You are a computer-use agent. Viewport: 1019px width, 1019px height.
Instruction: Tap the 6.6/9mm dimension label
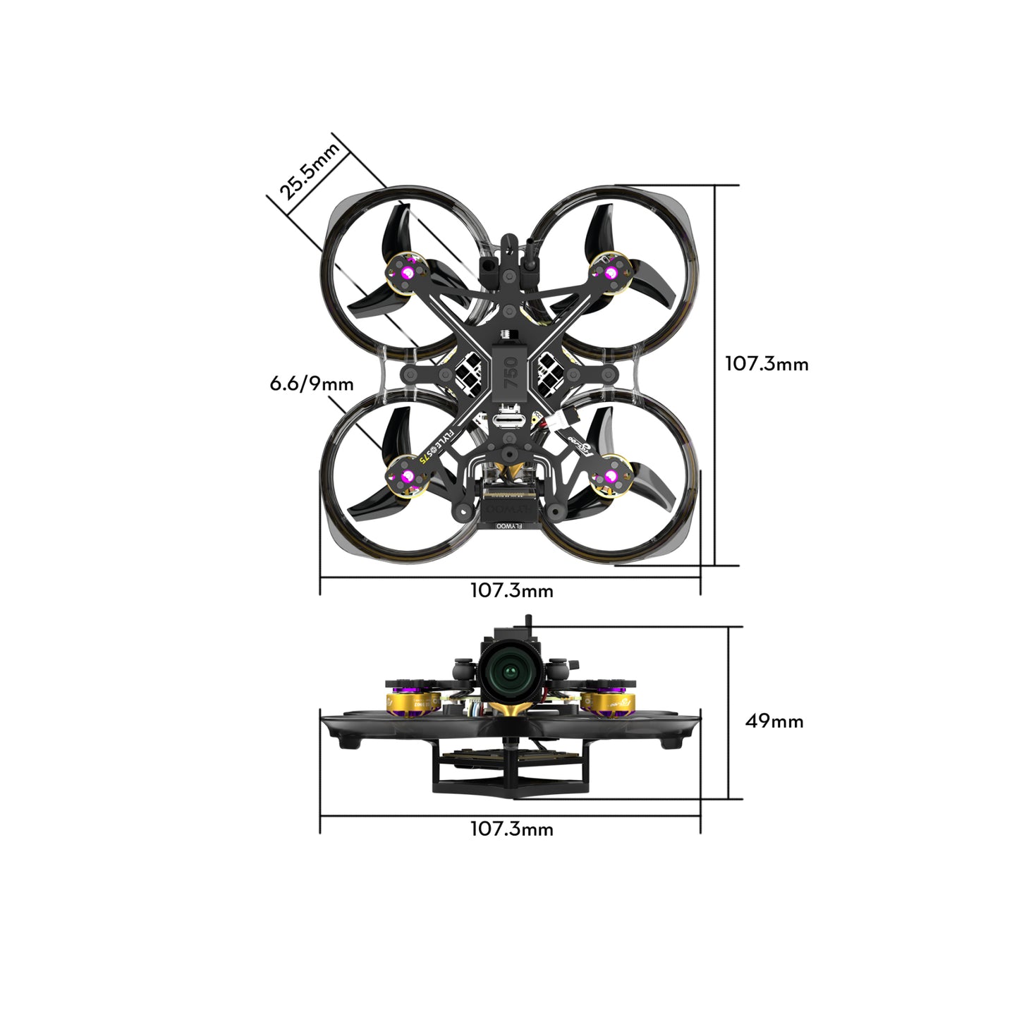point(312,384)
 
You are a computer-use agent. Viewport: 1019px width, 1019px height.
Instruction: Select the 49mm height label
point(774,721)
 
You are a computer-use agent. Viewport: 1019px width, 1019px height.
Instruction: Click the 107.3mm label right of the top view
point(767,364)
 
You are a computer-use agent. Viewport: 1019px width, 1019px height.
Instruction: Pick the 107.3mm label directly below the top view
point(511,590)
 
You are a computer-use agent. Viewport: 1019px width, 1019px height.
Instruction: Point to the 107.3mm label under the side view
point(511,829)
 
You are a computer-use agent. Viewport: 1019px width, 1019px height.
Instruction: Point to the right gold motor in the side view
point(614,702)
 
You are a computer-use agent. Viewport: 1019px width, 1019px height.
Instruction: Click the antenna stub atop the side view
point(526,622)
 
